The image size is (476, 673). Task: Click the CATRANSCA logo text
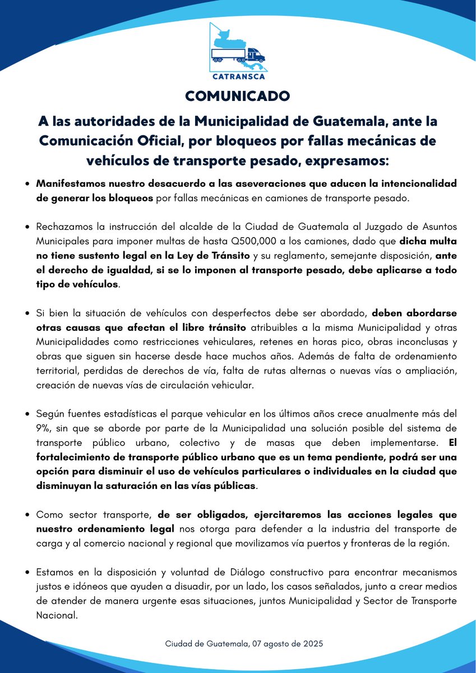point(238,77)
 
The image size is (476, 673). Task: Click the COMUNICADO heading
point(238,96)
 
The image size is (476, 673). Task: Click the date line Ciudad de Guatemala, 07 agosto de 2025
point(244,643)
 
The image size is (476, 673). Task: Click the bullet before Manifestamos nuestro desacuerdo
point(28,184)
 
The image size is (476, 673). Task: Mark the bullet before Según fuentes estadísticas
point(28,413)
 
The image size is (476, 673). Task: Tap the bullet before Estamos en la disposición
point(28,573)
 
